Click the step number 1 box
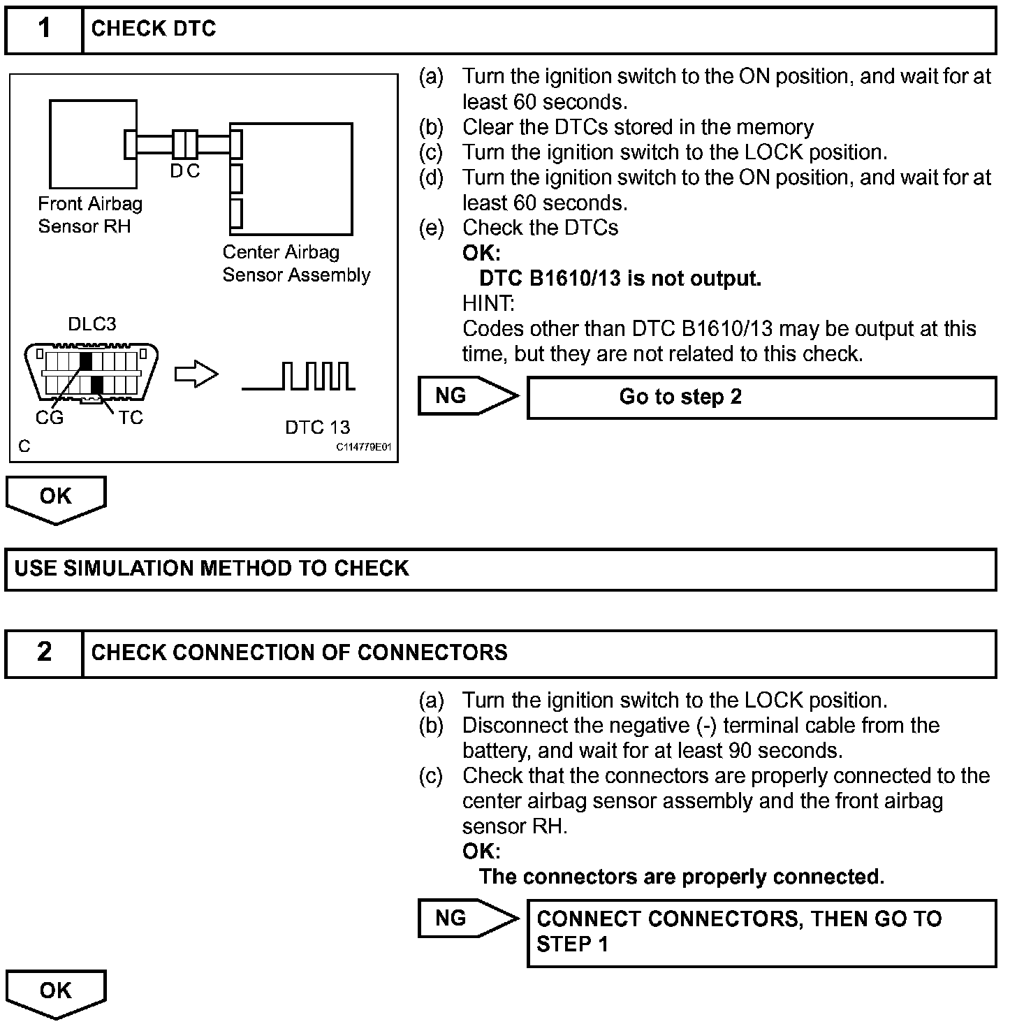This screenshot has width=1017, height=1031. click(44, 29)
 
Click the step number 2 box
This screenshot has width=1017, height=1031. click(44, 652)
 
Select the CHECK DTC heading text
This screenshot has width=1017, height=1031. click(154, 29)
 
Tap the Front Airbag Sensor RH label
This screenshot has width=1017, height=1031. click(89, 215)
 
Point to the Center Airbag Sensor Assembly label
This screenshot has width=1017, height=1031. click(296, 263)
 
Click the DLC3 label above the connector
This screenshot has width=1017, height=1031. click(92, 324)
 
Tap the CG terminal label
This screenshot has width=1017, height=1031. click(50, 418)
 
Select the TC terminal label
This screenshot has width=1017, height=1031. click(131, 418)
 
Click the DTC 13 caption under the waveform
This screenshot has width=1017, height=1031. click(317, 427)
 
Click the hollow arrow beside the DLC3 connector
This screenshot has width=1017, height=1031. click(196, 375)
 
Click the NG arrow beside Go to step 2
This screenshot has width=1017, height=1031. click(467, 396)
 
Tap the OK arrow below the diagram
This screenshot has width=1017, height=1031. click(56, 499)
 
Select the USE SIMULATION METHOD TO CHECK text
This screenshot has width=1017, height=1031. click(212, 569)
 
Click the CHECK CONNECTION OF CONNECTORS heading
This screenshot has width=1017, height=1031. click(300, 652)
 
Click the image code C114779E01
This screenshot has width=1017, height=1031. click(363, 447)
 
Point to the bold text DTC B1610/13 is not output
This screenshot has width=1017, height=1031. click(620, 279)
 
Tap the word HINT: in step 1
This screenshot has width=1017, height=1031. click(488, 304)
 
